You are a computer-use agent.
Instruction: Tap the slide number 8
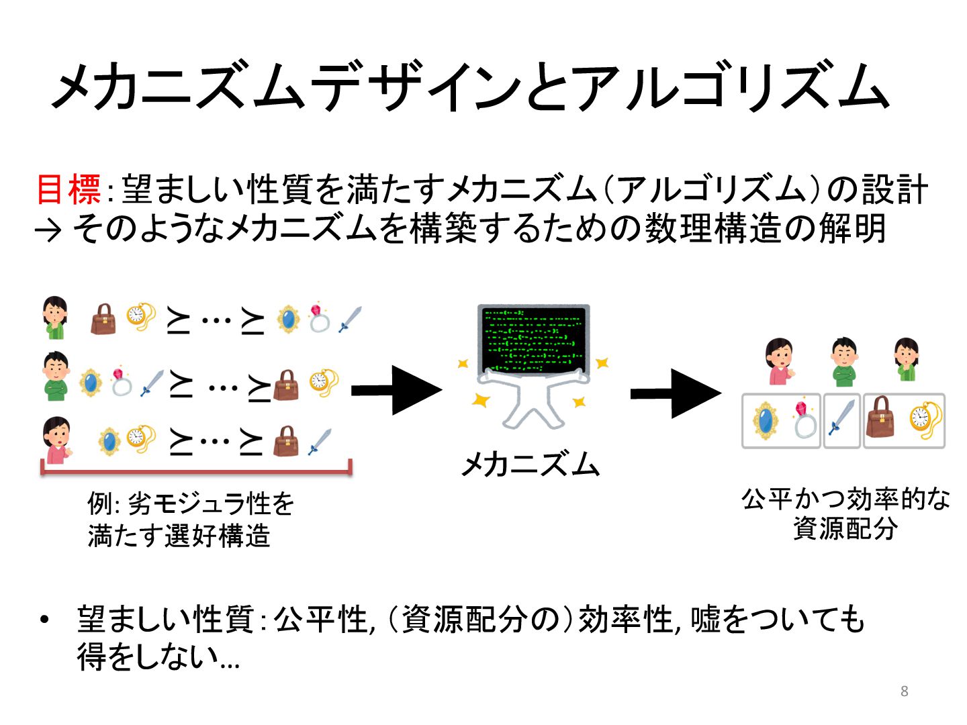pyautogui.click(x=904, y=691)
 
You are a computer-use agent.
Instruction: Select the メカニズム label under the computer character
pyautogui.click(x=531, y=464)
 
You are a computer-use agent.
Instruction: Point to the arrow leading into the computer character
pyautogui.click(x=396, y=389)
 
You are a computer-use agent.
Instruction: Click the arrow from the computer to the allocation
pyautogui.click(x=675, y=393)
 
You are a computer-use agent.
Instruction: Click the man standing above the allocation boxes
pyautogui.click(x=843, y=362)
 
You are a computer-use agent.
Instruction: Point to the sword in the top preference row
pyautogui.click(x=349, y=320)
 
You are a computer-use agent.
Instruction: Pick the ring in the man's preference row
pyautogui.click(x=121, y=381)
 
